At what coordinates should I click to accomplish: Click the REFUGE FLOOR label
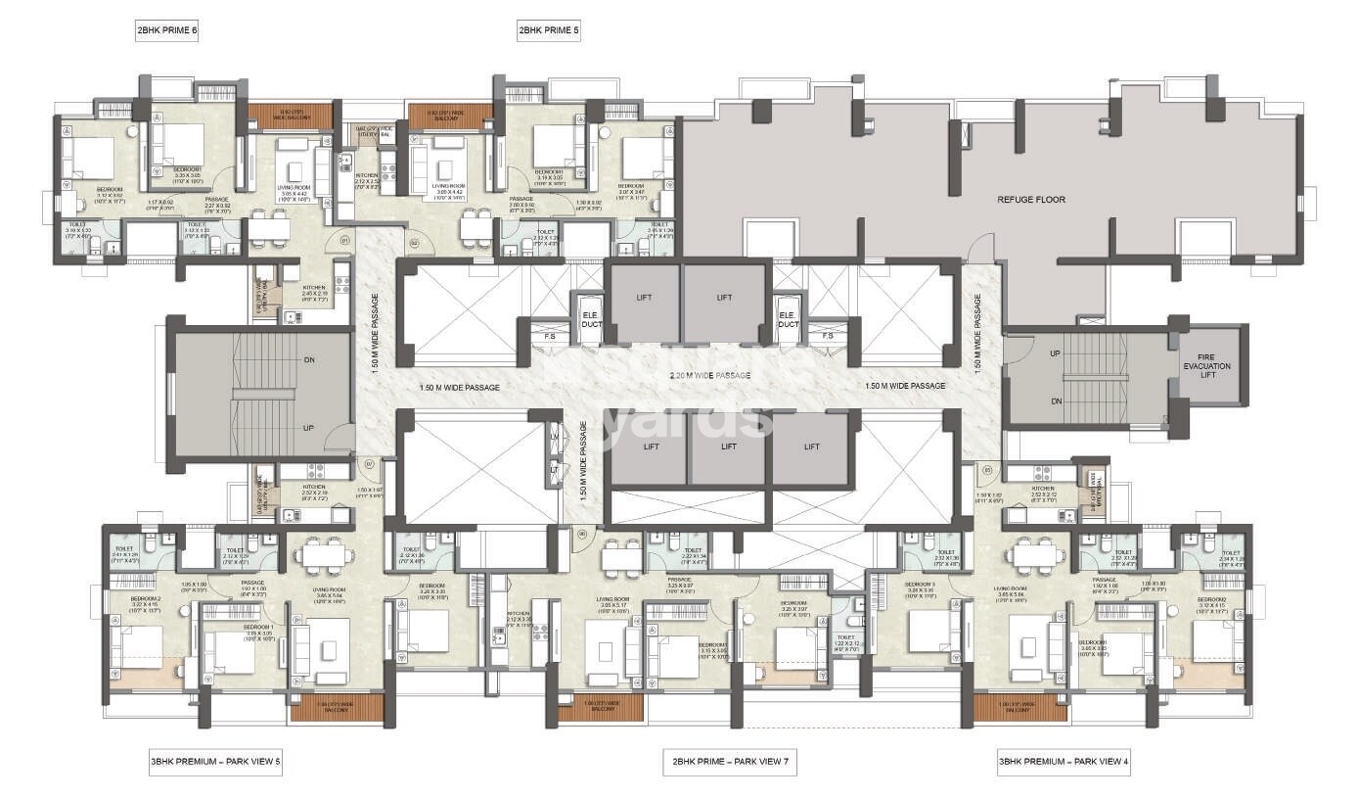(1031, 200)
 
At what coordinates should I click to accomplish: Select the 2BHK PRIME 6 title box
(167, 31)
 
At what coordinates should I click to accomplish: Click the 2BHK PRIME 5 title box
(549, 31)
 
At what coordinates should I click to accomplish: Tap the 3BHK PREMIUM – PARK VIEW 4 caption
(1064, 761)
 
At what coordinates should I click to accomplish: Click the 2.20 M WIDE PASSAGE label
(710, 375)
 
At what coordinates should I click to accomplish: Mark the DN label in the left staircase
(309, 359)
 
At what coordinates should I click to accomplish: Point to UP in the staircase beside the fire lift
(1055, 353)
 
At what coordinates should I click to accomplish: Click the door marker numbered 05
(988, 470)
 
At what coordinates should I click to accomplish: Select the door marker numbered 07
(369, 463)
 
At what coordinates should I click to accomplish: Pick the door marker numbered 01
(344, 239)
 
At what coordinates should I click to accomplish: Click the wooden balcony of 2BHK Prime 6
(290, 117)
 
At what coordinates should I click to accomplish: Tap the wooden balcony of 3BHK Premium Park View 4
(1020, 707)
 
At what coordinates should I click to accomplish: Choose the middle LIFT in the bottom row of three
(729, 446)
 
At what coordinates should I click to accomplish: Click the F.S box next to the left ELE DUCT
(551, 336)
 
